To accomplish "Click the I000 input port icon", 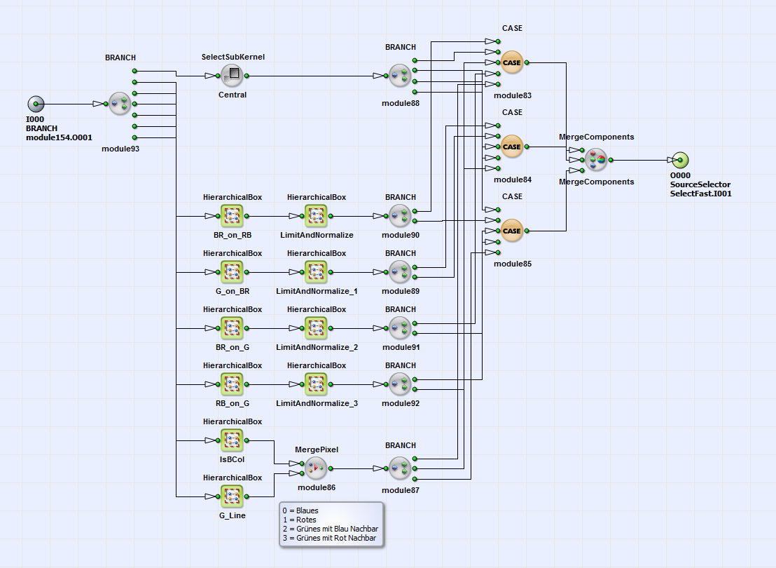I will (36, 104).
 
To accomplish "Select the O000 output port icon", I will (679, 160).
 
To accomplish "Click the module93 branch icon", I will (120, 104).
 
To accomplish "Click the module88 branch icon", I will (400, 76).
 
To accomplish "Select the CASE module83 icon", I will (512, 62).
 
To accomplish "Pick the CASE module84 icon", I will (512, 147).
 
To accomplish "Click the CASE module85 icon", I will (512, 231).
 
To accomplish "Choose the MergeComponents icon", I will (596, 160).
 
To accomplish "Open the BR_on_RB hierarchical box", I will (232, 216).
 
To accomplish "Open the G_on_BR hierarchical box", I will (232, 272).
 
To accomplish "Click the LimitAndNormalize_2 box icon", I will (316, 328).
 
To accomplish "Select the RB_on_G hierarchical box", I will (232, 384).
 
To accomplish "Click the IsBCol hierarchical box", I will (232, 440).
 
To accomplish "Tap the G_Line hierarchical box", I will (232, 496).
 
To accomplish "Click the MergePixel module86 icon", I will (316, 468).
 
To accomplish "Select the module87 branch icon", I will (400, 468).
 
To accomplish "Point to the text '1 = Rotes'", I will (300, 520).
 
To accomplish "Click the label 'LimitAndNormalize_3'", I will (317, 403).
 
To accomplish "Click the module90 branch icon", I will (400, 216).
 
